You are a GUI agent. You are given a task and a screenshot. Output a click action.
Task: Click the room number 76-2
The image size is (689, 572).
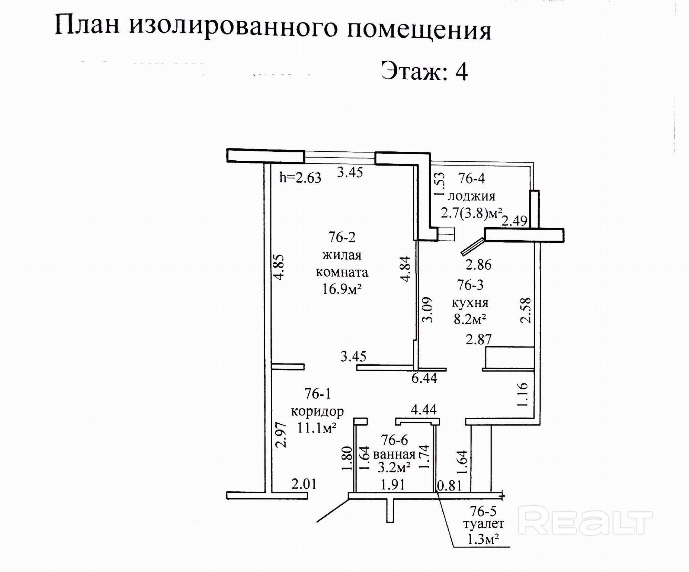click(x=341, y=237)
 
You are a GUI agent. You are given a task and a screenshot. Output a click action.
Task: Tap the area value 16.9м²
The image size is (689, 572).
click(x=341, y=289)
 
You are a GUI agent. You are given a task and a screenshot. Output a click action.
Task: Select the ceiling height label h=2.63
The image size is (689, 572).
click(x=300, y=178)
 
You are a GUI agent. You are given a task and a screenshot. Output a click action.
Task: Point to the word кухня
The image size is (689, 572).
click(x=470, y=303)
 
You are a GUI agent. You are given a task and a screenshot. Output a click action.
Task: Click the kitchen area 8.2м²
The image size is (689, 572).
click(x=470, y=320)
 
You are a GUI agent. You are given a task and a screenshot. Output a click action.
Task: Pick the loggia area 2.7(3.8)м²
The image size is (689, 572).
click(x=471, y=213)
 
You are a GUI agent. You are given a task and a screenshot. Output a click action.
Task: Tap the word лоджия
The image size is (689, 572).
click(x=471, y=196)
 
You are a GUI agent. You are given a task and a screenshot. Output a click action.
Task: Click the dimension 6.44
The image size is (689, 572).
click(x=424, y=378)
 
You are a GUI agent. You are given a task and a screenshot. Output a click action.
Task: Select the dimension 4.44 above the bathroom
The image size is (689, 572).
click(x=423, y=410)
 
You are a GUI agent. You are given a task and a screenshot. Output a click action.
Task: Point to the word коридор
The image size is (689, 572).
click(x=317, y=411)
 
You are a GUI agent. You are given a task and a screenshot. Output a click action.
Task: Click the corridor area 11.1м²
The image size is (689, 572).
click(x=317, y=428)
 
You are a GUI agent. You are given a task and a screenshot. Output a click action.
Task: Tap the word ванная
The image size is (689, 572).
click(x=394, y=454)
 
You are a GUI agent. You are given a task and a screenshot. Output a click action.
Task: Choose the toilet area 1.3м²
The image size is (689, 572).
click(x=483, y=539)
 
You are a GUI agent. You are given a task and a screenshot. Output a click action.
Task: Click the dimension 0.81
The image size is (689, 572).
click(x=449, y=486)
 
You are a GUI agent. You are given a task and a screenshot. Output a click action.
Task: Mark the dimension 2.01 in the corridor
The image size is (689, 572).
click(x=304, y=484)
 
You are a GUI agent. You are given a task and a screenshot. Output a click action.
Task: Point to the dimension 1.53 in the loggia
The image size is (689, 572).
click(x=439, y=184)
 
